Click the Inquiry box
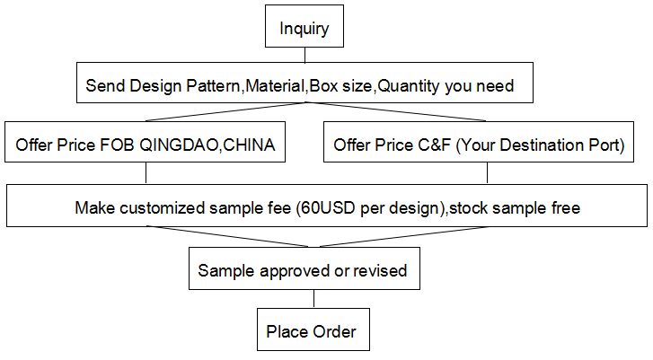pos(304,26)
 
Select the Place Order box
pos(313,329)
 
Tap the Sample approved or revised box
pos(304,268)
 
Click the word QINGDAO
pos(179,145)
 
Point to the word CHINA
pos(249,145)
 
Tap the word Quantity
pos(408,86)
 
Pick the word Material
pos(275,85)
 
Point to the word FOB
pos(117,145)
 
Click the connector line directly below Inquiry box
pos(304,55)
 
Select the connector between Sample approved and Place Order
pos(313,299)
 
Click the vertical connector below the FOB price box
pos(146,172)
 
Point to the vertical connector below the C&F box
pos(487,172)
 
